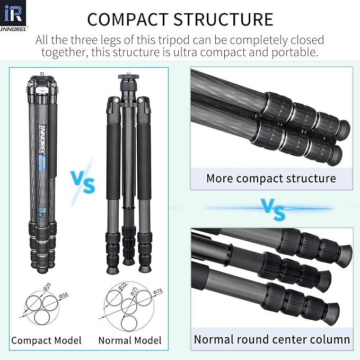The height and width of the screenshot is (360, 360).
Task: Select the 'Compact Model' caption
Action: (x=47, y=340)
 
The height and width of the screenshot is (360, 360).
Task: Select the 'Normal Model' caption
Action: (x=130, y=340)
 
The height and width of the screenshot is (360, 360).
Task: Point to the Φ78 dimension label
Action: (x=157, y=291)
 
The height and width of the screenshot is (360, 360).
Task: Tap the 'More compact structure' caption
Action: (x=271, y=178)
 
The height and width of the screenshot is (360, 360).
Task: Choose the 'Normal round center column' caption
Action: (x=271, y=339)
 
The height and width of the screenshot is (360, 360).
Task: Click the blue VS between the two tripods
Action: (x=82, y=182)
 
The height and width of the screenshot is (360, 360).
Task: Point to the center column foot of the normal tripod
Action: (x=128, y=260)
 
